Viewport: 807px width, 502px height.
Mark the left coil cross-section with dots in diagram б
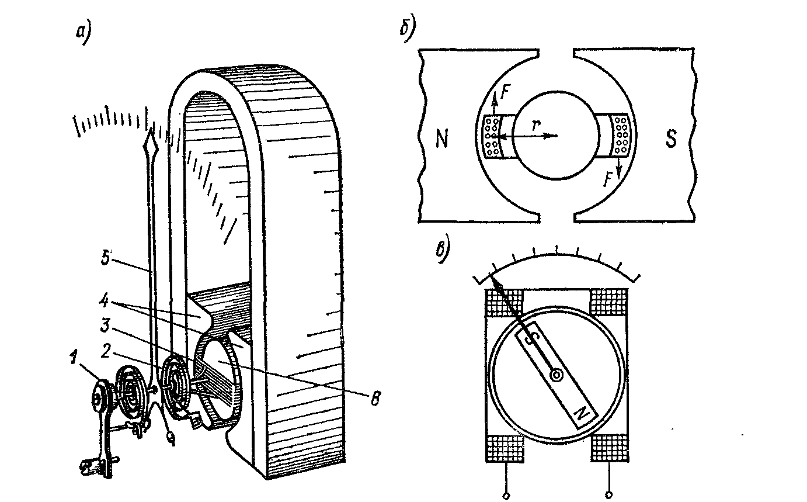(492, 136)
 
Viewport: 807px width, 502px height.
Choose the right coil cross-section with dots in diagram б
(620, 136)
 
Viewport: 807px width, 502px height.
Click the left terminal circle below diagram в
(506, 496)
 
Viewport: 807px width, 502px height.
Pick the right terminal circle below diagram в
(609, 496)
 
